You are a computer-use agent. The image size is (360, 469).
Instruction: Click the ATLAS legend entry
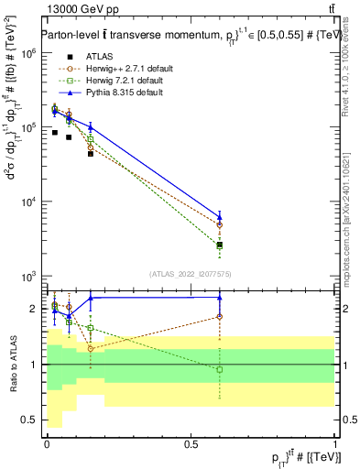[x=98, y=56]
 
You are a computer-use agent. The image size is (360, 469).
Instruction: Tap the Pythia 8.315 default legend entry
[x=119, y=92]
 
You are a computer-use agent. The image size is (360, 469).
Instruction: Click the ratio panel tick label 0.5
[x=30, y=420]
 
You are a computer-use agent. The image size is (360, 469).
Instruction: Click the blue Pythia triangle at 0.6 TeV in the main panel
[x=220, y=217]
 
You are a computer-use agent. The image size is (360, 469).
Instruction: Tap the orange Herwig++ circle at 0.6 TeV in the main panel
[x=220, y=224]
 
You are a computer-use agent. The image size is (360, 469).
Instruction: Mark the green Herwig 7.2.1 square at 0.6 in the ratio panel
[x=220, y=369]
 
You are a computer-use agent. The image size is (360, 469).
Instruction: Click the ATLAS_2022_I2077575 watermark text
[x=191, y=274]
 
